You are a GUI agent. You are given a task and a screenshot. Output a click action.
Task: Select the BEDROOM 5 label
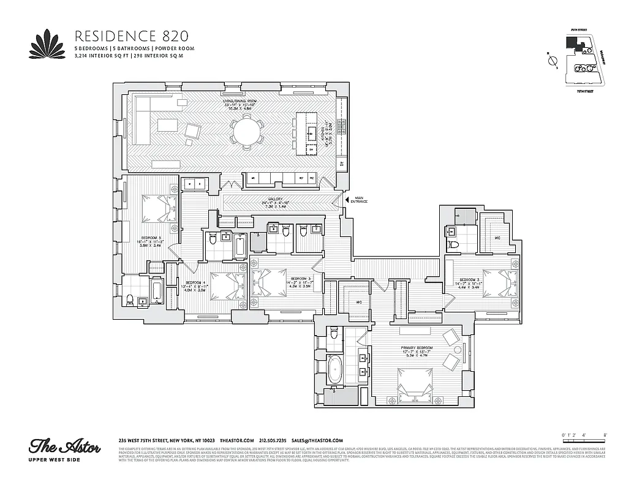(x=151, y=238)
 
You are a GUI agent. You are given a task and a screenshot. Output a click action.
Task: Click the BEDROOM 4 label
(x=194, y=284)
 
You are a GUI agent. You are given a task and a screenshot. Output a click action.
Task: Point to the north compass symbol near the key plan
(x=551, y=61)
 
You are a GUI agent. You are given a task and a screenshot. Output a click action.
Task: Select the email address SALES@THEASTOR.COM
(x=317, y=440)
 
